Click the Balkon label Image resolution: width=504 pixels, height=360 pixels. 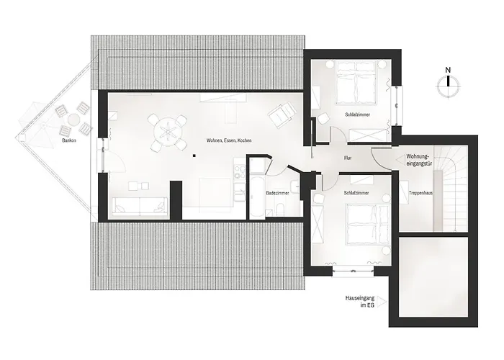tap(69, 140)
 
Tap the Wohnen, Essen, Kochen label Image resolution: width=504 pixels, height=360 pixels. tap(229, 140)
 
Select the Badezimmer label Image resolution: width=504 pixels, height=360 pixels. tap(277, 193)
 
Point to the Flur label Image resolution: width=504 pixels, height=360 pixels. tap(348, 158)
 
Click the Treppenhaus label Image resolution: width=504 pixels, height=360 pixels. tap(420, 193)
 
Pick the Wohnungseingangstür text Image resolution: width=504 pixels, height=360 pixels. tap(419, 160)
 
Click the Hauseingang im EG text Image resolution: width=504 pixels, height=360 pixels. tap(360, 302)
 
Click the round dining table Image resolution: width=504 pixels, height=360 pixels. tap(168, 132)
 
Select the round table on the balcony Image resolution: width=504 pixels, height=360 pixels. tap(73, 120)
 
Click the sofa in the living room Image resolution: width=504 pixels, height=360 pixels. tap(140, 205)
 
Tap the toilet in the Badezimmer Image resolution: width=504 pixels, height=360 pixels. tap(280, 210)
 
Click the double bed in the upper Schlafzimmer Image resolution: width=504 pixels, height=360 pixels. tap(356, 83)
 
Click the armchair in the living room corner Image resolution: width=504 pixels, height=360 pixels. tap(282, 114)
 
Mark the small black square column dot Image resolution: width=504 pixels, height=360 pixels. tap(194, 156)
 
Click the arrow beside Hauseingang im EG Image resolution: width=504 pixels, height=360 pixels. tap(382, 302)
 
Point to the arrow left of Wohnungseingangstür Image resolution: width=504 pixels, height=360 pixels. tap(400, 160)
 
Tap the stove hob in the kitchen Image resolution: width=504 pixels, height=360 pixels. tap(240, 171)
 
